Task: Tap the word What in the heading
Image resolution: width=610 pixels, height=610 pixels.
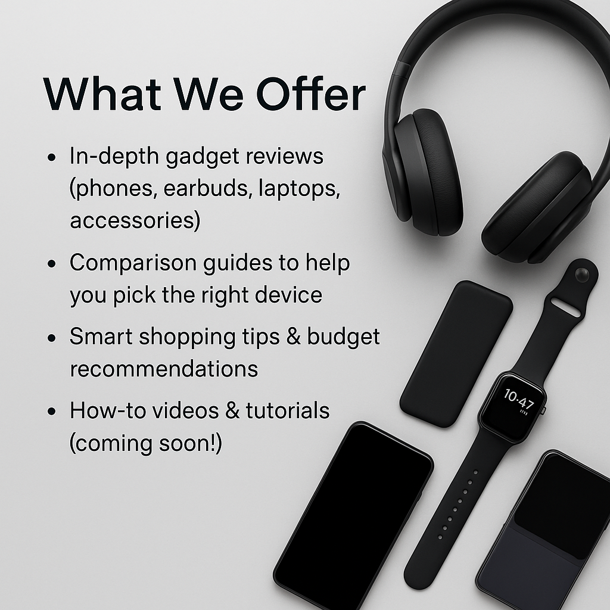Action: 102,94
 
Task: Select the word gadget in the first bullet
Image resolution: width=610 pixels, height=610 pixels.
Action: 203,157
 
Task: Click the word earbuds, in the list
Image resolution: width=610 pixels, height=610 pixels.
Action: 206,188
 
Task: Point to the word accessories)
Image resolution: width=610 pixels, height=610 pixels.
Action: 135,220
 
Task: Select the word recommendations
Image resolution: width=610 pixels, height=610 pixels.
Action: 164,369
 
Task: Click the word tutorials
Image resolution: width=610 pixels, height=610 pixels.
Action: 288,410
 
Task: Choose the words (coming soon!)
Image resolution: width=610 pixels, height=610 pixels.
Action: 146,443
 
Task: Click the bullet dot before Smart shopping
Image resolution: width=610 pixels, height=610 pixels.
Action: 51,338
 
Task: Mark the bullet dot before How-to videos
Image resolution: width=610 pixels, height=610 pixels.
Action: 51,412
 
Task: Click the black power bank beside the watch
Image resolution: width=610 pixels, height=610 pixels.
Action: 456,354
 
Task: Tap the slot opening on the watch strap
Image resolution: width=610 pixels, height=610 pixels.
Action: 566,306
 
